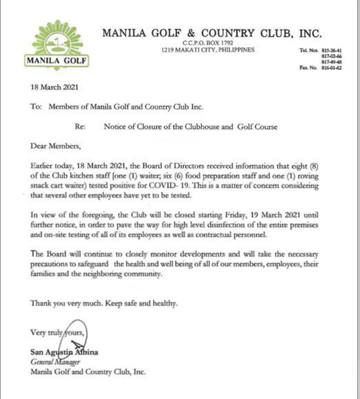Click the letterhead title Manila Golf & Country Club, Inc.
(x=212, y=33)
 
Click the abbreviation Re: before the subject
(x=80, y=127)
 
